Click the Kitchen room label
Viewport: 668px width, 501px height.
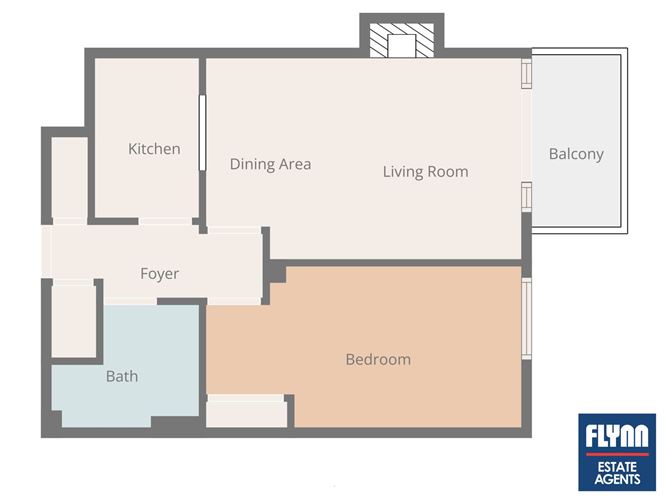(x=154, y=149)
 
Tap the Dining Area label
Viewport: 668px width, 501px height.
(x=271, y=164)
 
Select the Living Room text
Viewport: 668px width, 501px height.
(x=426, y=172)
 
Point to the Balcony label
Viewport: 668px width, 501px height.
(x=576, y=154)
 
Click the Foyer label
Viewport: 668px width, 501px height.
(x=160, y=274)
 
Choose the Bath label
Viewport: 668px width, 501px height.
(x=122, y=376)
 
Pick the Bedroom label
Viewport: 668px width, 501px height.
(x=378, y=360)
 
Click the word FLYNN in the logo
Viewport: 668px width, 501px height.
(x=617, y=435)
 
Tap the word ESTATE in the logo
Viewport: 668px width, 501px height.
(x=617, y=467)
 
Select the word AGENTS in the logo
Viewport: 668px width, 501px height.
(x=617, y=479)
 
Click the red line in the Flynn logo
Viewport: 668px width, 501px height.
(x=617, y=455)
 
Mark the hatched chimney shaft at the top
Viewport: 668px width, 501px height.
(x=402, y=40)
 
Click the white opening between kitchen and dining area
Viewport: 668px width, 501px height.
(x=202, y=132)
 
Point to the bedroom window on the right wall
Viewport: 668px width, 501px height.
(x=527, y=319)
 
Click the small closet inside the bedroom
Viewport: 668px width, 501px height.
(x=246, y=411)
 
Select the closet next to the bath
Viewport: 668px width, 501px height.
(x=73, y=321)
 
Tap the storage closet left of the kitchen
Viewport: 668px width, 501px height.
(x=69, y=177)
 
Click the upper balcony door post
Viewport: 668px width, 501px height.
(x=527, y=73)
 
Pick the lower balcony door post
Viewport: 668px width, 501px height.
(x=527, y=196)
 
